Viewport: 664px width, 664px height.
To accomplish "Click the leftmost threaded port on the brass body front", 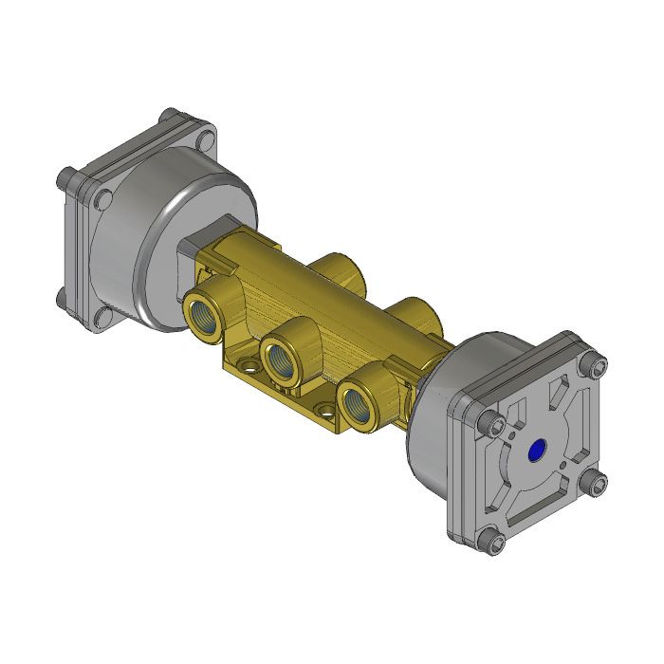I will [x=204, y=316].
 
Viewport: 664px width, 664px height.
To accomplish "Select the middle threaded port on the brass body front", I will [x=280, y=360].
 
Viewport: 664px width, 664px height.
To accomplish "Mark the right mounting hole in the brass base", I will [x=326, y=413].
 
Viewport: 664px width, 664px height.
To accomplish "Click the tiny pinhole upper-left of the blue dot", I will [x=512, y=436].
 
